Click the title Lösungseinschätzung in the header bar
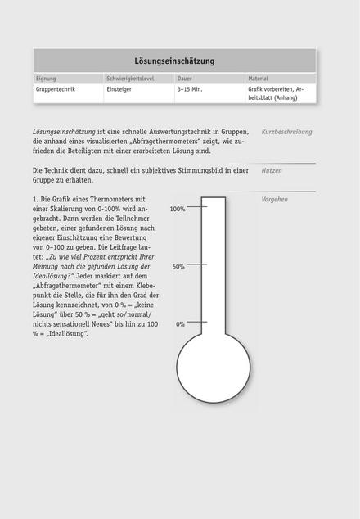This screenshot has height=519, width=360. click(x=174, y=61)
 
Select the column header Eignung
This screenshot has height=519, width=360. click(x=46, y=79)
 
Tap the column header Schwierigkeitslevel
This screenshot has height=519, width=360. click(x=130, y=79)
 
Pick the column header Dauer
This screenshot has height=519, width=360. click(x=185, y=79)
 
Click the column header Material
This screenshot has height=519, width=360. click(x=259, y=79)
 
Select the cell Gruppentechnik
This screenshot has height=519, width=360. click(x=56, y=89)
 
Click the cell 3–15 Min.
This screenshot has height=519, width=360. click(x=190, y=89)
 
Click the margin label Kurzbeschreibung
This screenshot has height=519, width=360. click(x=286, y=132)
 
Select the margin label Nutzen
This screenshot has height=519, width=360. click(x=272, y=171)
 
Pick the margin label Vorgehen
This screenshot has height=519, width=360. click(x=274, y=199)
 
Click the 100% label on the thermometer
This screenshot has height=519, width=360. click(x=178, y=209)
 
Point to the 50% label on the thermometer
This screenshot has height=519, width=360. click(x=178, y=266)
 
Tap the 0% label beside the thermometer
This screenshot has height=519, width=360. click(x=180, y=324)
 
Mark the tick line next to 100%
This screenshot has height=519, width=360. click(x=198, y=208)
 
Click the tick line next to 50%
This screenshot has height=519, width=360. click(x=198, y=266)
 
